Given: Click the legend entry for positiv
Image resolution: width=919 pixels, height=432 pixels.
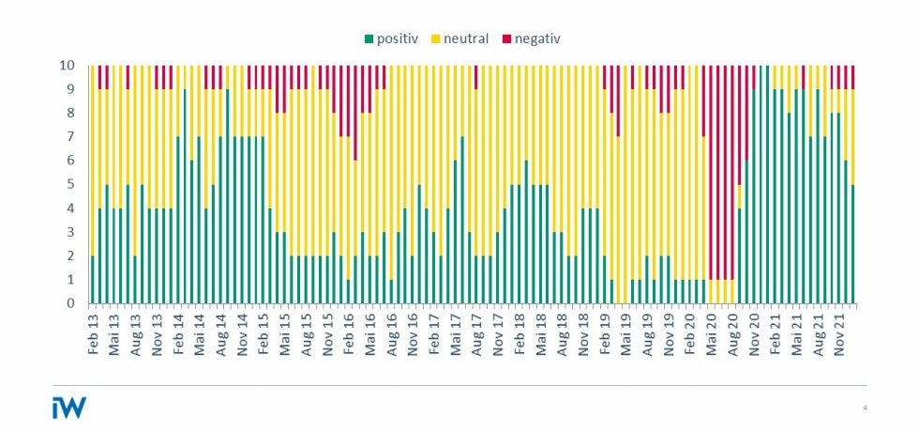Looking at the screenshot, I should [x=399, y=39].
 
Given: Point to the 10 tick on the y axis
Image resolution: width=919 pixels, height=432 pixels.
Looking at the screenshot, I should [x=68, y=66].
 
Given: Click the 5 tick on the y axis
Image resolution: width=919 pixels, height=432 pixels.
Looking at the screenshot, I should [x=71, y=185].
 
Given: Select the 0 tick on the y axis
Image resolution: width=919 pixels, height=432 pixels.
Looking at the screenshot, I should [x=71, y=303].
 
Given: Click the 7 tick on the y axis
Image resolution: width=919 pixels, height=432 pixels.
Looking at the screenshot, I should [x=71, y=137].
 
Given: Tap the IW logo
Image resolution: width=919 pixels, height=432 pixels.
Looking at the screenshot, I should [x=68, y=408].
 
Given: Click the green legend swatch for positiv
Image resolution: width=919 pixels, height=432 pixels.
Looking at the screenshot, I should [x=369, y=39].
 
